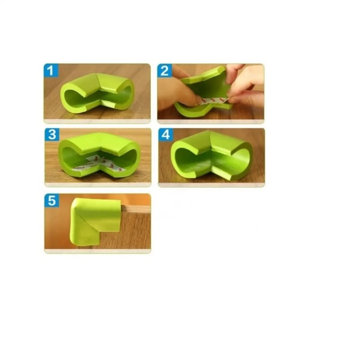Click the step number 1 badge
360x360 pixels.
pyautogui.click(x=51, y=70)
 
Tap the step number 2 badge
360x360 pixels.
pyautogui.click(x=165, y=70)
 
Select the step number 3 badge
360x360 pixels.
pyautogui.click(x=52, y=135)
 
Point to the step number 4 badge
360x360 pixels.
pyautogui.click(x=166, y=135)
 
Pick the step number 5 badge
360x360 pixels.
pyautogui.click(x=52, y=200)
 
